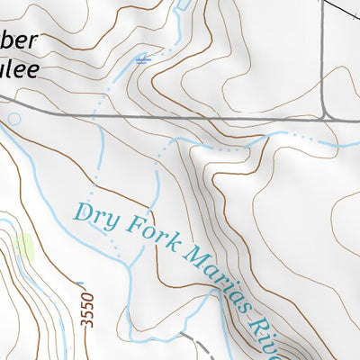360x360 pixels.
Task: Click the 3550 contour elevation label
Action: tap(87, 309)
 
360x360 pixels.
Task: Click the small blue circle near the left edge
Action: tap(13, 118)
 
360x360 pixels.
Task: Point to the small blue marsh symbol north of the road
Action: tap(141, 60)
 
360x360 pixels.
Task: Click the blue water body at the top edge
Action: tap(184, 4)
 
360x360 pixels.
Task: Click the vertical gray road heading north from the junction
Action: tap(326, 54)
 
